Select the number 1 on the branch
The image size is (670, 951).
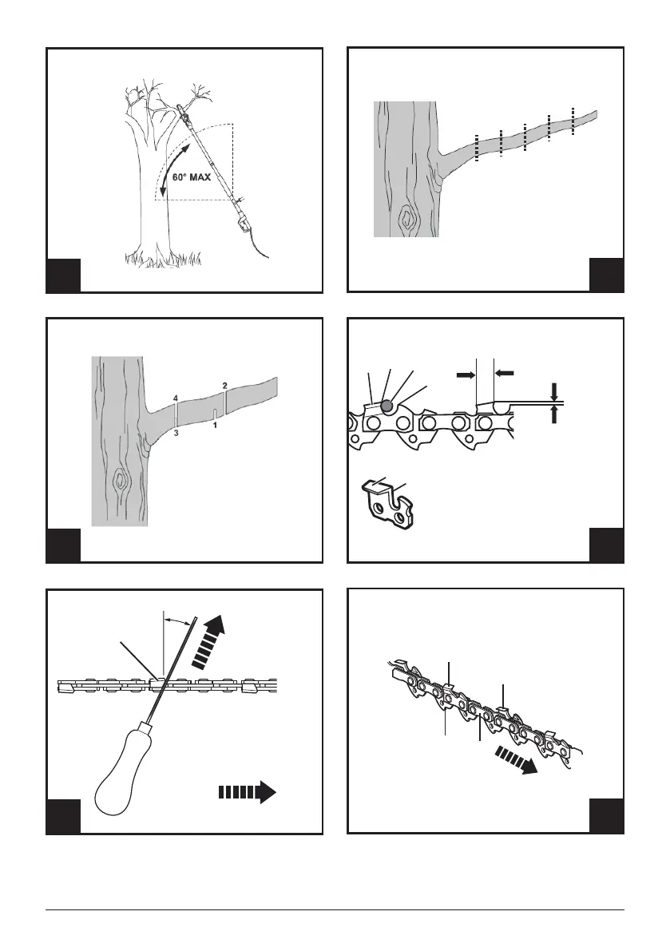click(215, 426)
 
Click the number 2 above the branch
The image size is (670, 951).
click(225, 386)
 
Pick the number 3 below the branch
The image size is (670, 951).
click(175, 434)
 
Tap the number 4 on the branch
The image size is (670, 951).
click(175, 397)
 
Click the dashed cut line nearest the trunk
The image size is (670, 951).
click(476, 148)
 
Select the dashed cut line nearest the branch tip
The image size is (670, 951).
click(573, 120)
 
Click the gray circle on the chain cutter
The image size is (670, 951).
click(386, 406)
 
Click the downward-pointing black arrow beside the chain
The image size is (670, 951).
click(554, 391)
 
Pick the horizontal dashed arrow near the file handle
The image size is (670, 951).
click(246, 792)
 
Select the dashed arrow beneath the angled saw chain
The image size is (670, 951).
click(515, 759)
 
